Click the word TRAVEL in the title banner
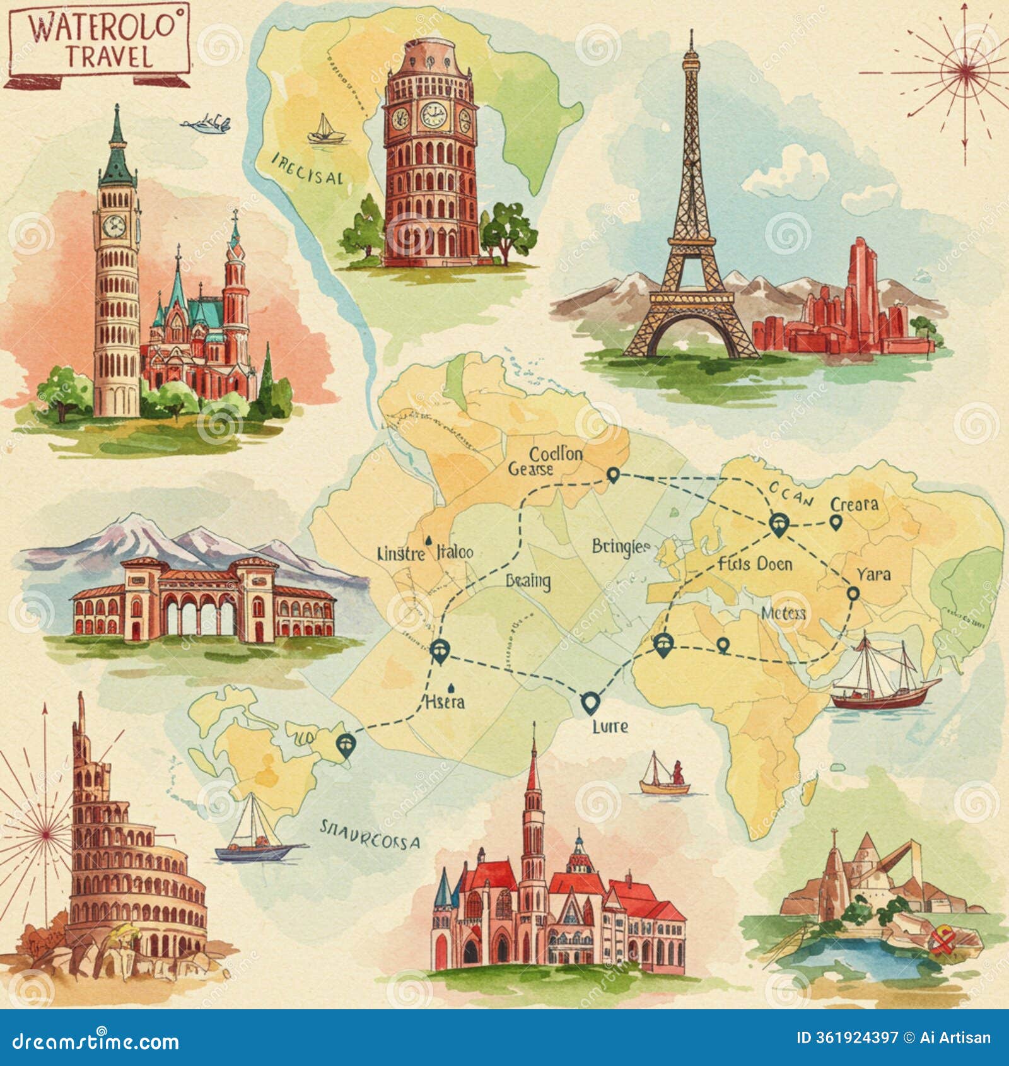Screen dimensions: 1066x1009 109,56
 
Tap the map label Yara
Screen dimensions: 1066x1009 873,574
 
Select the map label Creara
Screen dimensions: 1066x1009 854,504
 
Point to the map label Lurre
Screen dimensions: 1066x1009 610,726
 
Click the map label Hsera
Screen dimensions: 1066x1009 445,701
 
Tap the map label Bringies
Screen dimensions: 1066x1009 621,547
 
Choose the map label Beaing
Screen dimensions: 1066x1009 528,580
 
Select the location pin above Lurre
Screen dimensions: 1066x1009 590,702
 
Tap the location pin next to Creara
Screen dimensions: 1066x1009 836,522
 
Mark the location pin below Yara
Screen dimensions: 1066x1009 853,594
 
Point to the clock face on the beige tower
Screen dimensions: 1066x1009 114,225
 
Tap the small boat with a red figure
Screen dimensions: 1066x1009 665,777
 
